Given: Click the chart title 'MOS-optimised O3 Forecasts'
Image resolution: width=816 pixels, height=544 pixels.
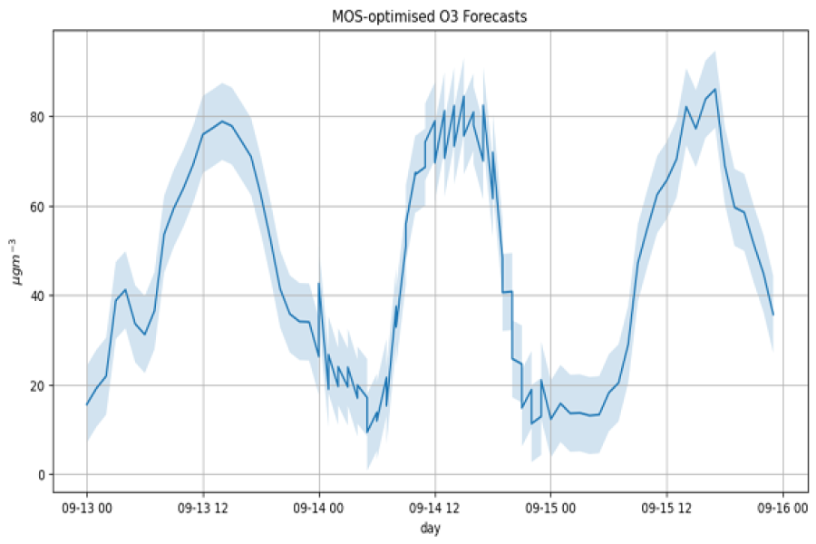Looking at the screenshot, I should coord(429,16).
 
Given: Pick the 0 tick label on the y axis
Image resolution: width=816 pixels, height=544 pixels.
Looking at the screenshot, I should coord(41,475).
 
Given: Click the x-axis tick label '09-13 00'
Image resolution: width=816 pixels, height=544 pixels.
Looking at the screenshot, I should coord(87,510).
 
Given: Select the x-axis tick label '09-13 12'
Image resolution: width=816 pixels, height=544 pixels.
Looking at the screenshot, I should coord(203,510).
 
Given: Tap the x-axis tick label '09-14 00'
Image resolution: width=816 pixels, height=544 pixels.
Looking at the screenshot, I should coord(319,510).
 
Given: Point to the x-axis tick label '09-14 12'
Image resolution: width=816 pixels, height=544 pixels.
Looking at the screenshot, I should coord(435,510).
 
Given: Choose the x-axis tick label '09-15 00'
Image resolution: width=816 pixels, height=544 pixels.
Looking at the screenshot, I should coord(550,510).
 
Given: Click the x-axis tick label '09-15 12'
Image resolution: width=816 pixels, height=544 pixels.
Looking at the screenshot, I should coord(666,510).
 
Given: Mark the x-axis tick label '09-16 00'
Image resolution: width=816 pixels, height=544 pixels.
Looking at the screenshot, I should coord(782,510).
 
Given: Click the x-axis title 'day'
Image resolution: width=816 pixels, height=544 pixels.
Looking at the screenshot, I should coord(429,527).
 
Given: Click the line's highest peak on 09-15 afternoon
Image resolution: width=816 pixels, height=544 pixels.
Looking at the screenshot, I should coord(715,89).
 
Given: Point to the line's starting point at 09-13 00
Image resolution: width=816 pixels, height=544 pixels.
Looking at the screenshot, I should coord(87,404).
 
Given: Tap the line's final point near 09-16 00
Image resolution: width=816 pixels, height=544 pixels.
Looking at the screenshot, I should coord(772,315).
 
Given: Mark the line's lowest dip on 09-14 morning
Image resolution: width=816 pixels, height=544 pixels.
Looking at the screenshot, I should coord(367,432).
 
